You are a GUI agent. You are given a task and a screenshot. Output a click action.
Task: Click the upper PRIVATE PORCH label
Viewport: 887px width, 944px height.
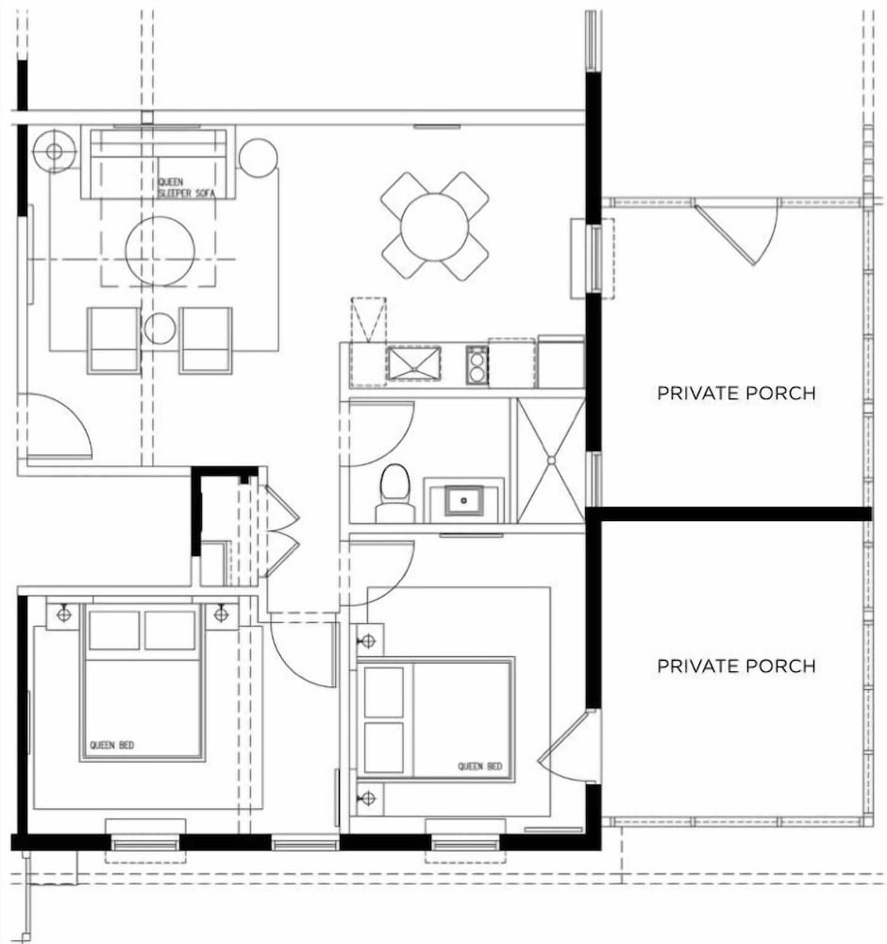click(x=736, y=393)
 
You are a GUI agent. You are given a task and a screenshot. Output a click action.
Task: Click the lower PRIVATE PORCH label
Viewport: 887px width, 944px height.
click(x=736, y=666)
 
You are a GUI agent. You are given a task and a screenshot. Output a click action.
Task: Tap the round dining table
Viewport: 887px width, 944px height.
click(x=434, y=227)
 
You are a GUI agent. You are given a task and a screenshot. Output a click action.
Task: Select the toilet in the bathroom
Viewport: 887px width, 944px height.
click(x=394, y=493)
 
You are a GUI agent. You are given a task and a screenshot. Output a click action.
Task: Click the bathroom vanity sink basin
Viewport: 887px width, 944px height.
click(x=463, y=500)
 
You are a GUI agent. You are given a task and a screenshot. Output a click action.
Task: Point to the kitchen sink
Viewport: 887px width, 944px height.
click(x=413, y=363)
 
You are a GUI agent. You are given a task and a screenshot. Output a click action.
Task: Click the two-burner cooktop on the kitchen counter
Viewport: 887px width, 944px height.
click(x=477, y=364)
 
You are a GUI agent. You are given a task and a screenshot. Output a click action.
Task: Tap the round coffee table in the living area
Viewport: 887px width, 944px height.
click(x=160, y=250)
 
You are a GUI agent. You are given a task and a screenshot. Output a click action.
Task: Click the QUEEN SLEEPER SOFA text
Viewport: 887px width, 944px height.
click(x=186, y=187)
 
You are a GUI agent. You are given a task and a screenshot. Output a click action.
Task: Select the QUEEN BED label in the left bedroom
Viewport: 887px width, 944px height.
click(x=112, y=745)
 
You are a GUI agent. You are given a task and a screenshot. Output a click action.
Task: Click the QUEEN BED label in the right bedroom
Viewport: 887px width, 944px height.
click(x=479, y=767)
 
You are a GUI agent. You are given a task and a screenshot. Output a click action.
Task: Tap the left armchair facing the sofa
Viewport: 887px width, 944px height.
click(x=114, y=340)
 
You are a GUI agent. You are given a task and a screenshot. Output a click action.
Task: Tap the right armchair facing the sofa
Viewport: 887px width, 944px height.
click(x=205, y=340)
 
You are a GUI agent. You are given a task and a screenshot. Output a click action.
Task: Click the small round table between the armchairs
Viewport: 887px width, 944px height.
click(x=160, y=329)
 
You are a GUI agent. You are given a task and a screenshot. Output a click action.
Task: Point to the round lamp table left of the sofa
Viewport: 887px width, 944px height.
click(x=54, y=151)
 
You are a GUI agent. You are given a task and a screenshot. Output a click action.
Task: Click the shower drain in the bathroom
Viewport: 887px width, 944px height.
click(x=551, y=460)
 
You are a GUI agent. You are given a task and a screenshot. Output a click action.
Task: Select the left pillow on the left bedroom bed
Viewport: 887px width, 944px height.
click(x=114, y=631)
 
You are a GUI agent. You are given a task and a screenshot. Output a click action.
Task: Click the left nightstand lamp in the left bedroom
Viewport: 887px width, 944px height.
click(x=64, y=615)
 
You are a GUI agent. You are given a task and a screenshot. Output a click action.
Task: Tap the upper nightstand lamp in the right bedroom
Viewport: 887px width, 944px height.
click(x=368, y=642)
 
